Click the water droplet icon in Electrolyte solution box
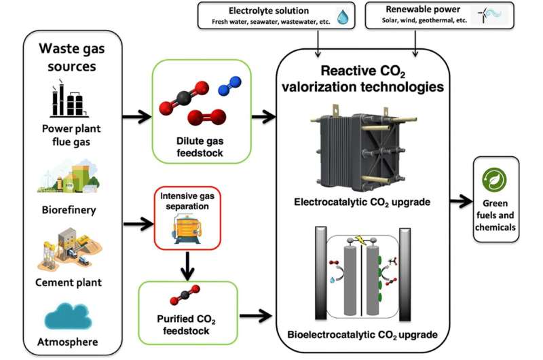[x=344, y=16]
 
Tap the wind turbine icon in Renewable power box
[x=489, y=16]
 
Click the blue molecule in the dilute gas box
[x=228, y=88]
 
